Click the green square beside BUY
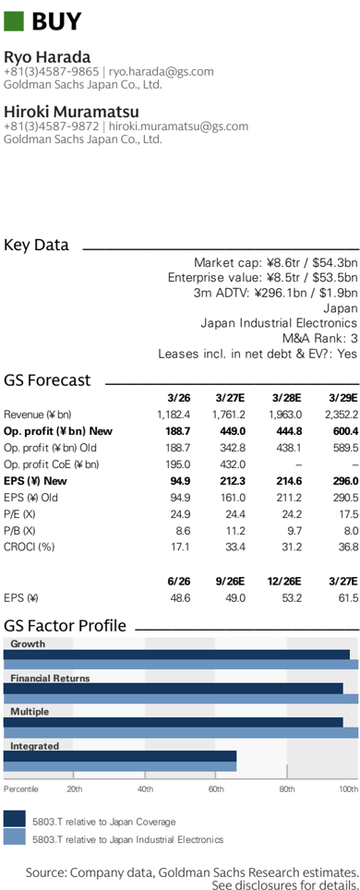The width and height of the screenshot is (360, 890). [14, 21]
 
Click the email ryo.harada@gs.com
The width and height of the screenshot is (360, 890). [162, 71]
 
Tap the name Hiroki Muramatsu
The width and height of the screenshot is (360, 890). [72, 111]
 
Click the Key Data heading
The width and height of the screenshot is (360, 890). [36, 246]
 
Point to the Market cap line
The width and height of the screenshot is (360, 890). [275, 263]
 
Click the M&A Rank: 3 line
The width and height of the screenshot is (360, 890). [319, 339]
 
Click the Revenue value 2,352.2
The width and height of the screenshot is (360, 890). [342, 415]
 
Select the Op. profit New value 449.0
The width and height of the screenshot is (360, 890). [233, 431]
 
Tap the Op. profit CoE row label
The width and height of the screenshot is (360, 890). [51, 465]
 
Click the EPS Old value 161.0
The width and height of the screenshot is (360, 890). [233, 498]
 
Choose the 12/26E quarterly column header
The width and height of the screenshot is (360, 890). [285, 582]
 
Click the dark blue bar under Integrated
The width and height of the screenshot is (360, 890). [120, 756]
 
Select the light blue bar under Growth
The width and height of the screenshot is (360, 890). [181, 665]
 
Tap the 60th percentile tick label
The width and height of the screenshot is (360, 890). [216, 788]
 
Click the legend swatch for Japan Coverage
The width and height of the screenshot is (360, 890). [15, 819]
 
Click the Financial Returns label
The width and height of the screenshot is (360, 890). [50, 679]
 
